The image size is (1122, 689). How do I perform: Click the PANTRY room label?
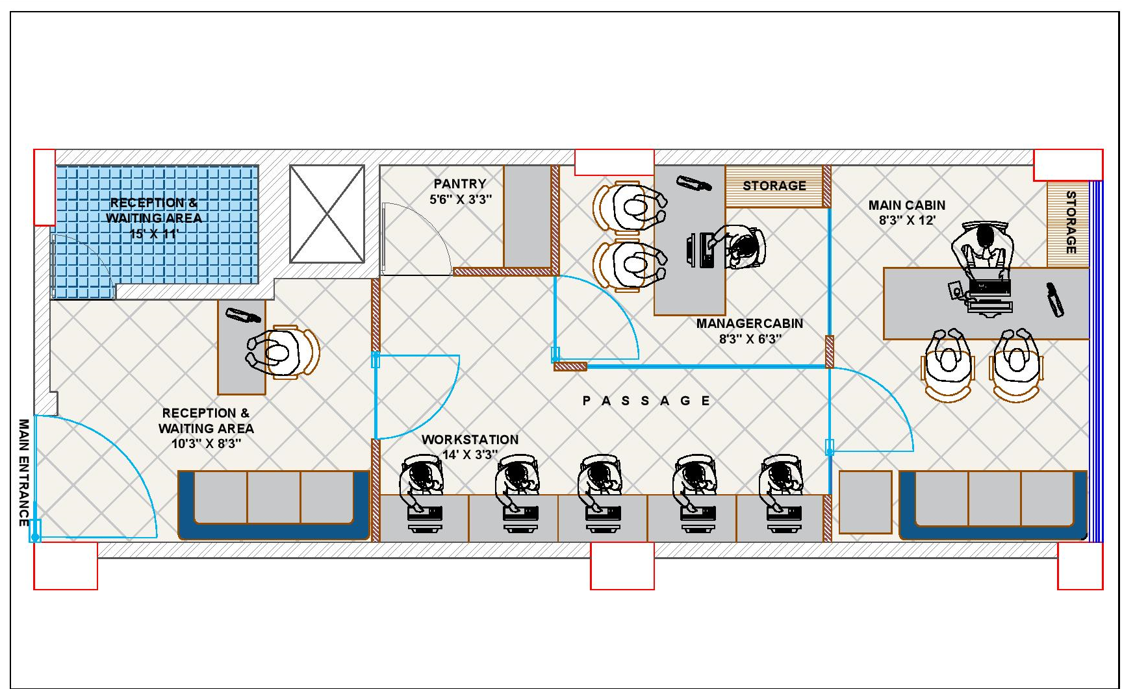[460, 184]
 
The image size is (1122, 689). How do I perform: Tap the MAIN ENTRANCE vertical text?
[24, 473]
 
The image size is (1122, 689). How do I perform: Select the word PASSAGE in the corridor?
[646, 401]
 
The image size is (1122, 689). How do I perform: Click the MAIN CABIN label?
[907, 205]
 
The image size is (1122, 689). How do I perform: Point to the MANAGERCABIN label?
[750, 323]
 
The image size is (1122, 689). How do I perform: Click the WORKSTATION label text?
[470, 440]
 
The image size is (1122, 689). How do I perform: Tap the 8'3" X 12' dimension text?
[907, 221]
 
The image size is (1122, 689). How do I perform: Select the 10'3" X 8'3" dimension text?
[206, 444]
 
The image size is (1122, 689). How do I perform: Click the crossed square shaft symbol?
[327, 214]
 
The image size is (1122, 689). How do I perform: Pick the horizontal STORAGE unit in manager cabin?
[774, 186]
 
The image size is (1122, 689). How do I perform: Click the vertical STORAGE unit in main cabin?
[1068, 224]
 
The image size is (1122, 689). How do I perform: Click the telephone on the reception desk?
[243, 315]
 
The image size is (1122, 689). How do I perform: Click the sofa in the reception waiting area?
[274, 505]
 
